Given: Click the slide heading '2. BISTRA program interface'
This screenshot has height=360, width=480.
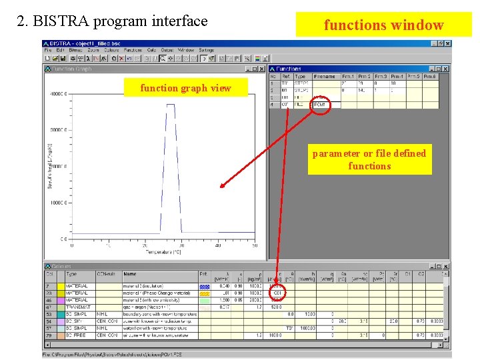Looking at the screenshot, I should pyautogui.click(x=112, y=21).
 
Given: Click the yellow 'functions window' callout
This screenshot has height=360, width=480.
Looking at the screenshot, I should pyautogui.click(x=383, y=25).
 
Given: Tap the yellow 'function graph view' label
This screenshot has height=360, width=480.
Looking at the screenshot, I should pyautogui.click(x=185, y=88).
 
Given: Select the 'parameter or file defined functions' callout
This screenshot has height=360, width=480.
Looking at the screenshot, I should pyautogui.click(x=369, y=159).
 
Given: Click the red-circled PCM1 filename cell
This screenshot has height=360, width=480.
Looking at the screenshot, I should pyautogui.click(x=320, y=105).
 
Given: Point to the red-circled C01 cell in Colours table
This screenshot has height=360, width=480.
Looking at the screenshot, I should pyautogui.click(x=278, y=293).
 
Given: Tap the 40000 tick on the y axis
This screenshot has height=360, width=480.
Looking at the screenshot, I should pyautogui.click(x=57, y=94).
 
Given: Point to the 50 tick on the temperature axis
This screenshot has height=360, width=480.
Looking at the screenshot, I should pyautogui.click(x=255, y=246).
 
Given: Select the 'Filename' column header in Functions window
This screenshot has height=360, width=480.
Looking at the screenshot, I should pyautogui.click(x=325, y=77).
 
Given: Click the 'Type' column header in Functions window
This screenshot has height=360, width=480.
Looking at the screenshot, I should pyautogui.click(x=300, y=77).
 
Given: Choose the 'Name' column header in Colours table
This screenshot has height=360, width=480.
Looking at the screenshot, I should pyautogui.click(x=130, y=274).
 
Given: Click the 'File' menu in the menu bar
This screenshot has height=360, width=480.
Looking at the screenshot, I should pyautogui.click(x=47, y=50).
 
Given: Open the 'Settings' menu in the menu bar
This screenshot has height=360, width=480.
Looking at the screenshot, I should pyautogui.click(x=207, y=50).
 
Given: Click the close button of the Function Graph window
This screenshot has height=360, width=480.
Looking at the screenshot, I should pyautogui.click(x=263, y=69).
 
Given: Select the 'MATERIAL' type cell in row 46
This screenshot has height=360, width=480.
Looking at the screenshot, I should pyautogui.click(x=77, y=300).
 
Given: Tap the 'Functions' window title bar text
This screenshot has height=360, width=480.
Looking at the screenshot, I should pyautogui.click(x=289, y=69).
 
